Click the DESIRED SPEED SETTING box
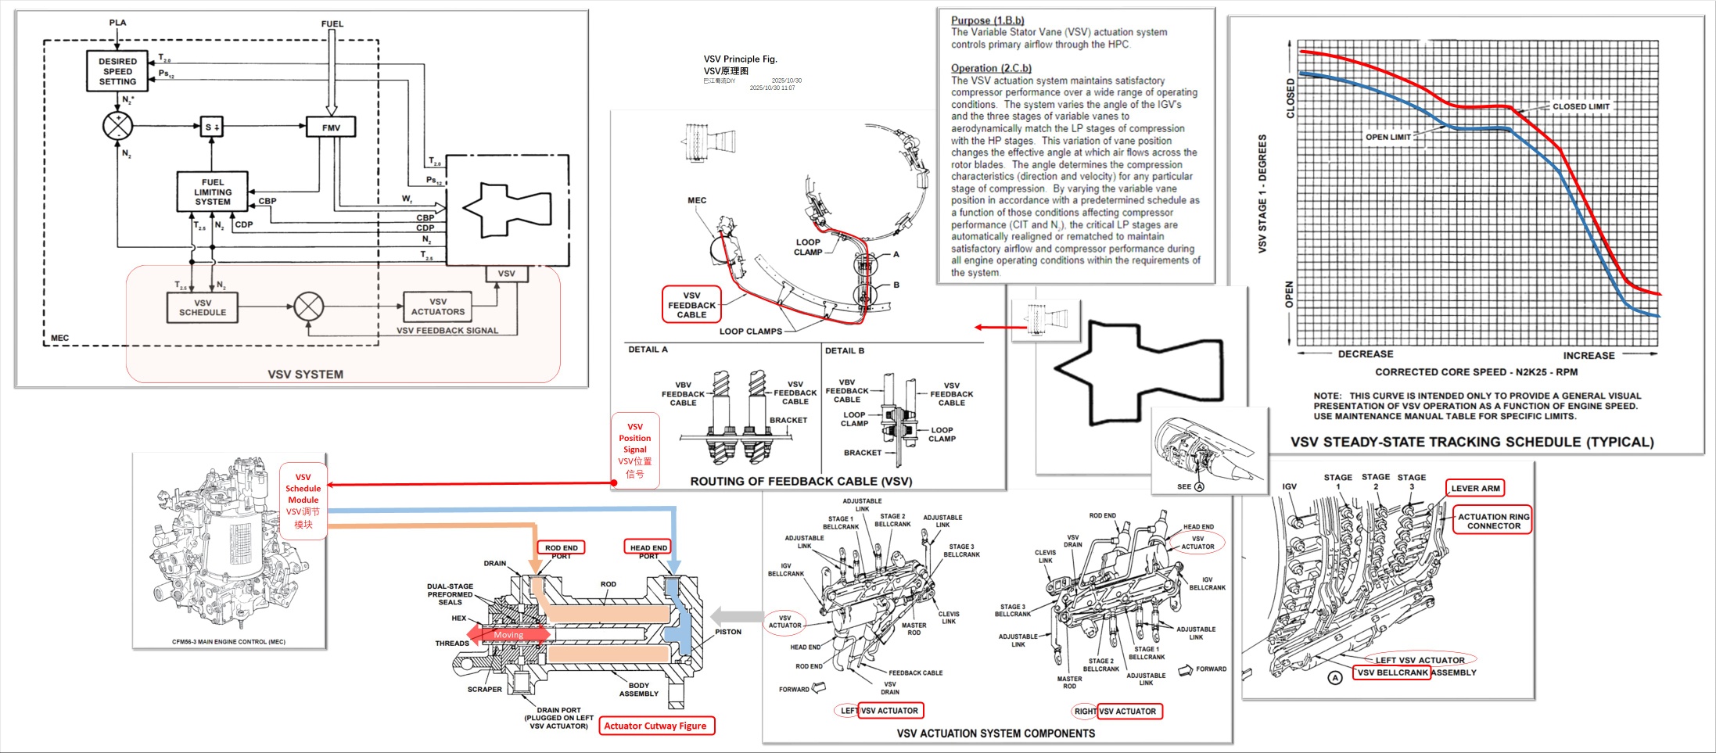point(117,71)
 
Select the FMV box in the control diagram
point(331,127)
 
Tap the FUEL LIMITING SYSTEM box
point(213,192)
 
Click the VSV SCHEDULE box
point(203,307)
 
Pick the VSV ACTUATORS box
point(438,307)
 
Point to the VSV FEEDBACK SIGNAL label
point(447,331)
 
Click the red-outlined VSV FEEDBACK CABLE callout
point(691,305)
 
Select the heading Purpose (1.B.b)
point(987,20)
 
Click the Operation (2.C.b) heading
point(991,68)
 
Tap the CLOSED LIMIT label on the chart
point(1581,106)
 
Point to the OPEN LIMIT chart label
point(1388,137)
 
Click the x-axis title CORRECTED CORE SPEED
point(1476,372)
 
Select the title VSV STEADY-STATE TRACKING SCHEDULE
point(1472,442)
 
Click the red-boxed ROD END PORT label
point(562,548)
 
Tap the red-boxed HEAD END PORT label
point(648,548)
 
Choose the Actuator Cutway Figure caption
point(655,726)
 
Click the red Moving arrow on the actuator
point(508,635)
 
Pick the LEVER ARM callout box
point(1475,489)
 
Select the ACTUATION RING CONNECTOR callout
point(1493,521)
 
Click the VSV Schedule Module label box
point(303,500)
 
